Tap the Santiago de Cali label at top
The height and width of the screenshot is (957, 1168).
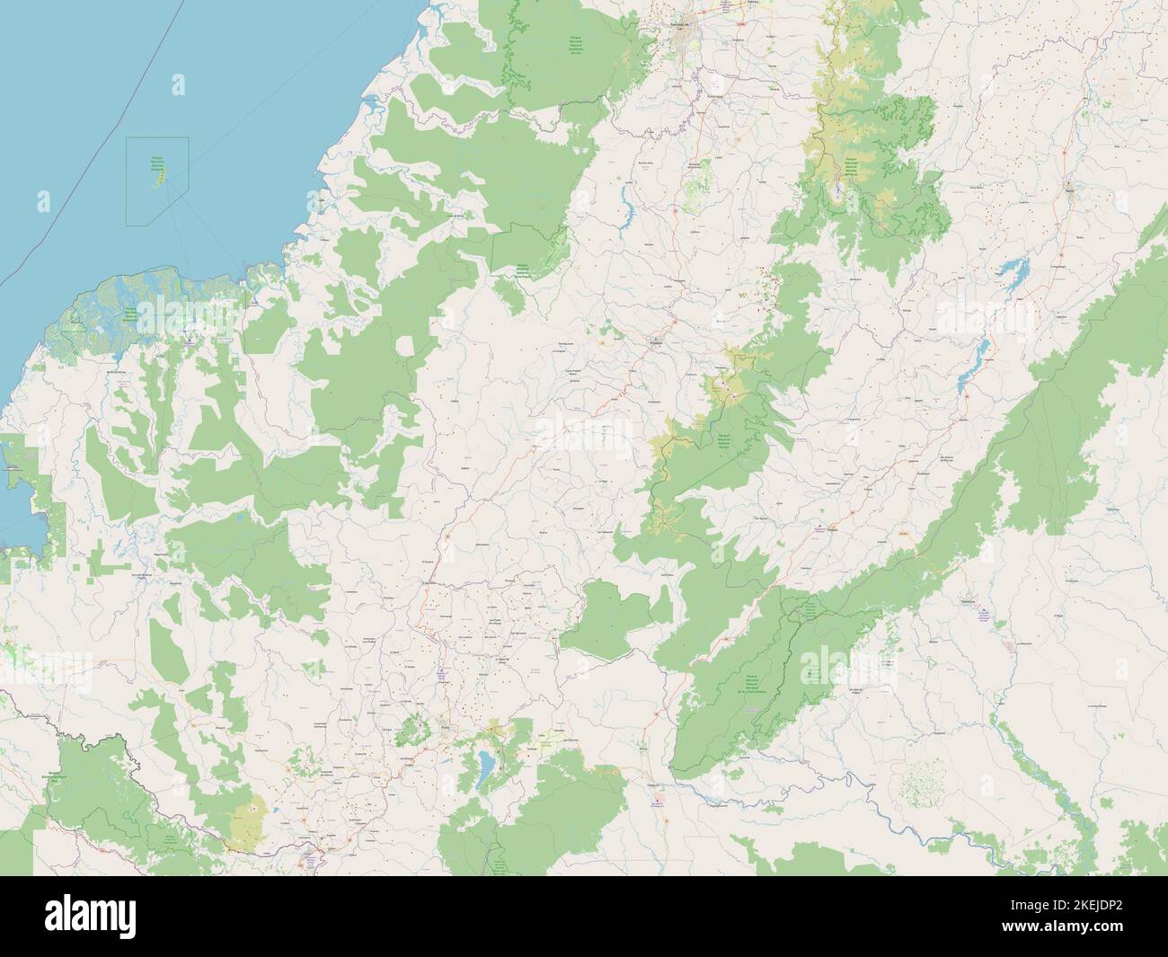point(685,24)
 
